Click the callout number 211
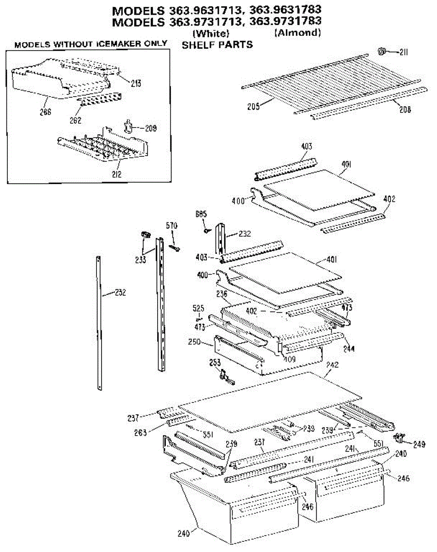[x=403, y=52]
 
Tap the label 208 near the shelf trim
[x=405, y=109]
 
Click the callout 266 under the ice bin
[x=45, y=111]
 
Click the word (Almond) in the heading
[x=297, y=33]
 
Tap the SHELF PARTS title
[x=217, y=45]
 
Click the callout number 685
[x=200, y=214]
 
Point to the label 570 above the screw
[x=171, y=225]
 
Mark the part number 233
[x=141, y=259]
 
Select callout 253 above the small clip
[x=215, y=363]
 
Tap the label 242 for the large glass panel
[x=332, y=365]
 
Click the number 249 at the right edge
[x=419, y=445]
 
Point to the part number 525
[x=199, y=308]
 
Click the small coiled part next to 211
[x=381, y=51]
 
